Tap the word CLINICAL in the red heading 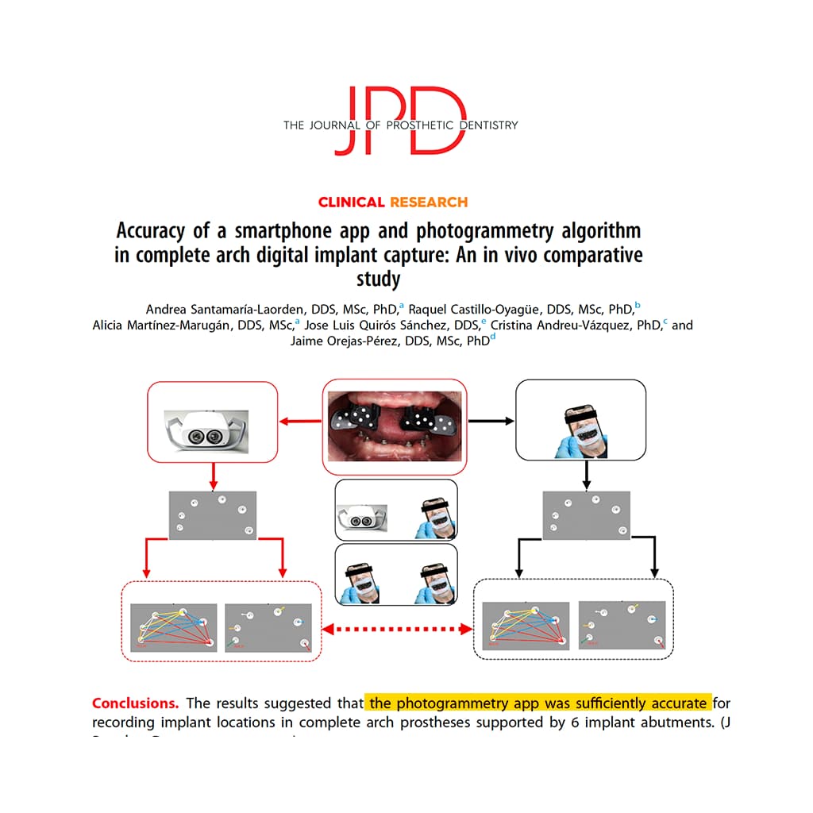352,202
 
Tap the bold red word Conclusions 136,703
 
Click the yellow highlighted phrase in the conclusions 538,703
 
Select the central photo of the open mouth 393,422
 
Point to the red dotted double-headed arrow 397,629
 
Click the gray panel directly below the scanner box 212,514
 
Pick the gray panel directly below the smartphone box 586,514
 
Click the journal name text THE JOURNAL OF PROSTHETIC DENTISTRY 400,125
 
